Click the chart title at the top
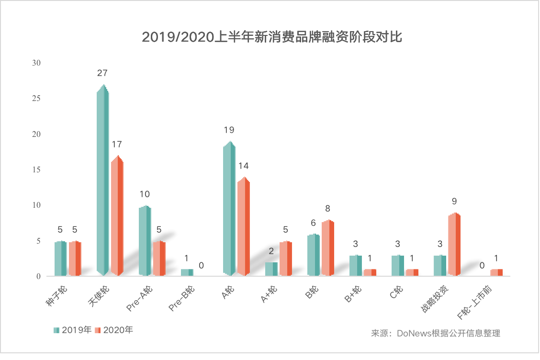[271, 37]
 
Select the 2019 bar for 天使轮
[102, 182]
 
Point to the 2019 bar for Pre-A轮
[145, 241]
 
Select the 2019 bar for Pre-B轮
[187, 272]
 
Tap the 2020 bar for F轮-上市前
[496, 272]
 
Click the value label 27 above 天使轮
[102, 73]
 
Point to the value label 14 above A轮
[244, 166]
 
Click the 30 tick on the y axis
[37, 63]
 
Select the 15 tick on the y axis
[37, 169]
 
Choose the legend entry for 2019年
[72, 330]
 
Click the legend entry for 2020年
[113, 330]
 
